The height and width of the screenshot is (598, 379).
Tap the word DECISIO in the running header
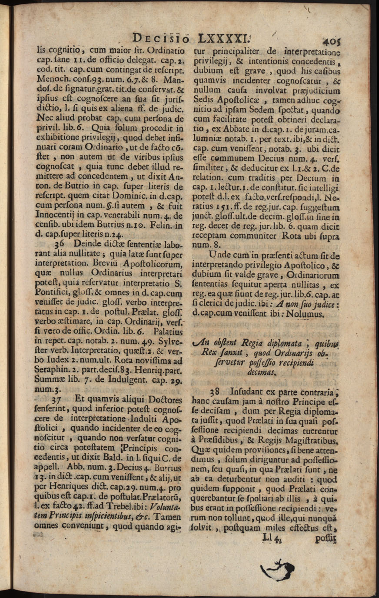pyautogui.click(x=161, y=38)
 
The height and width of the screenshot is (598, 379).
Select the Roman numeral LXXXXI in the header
pyautogui.click(x=226, y=38)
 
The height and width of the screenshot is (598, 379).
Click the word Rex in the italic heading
pyautogui.click(x=209, y=352)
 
